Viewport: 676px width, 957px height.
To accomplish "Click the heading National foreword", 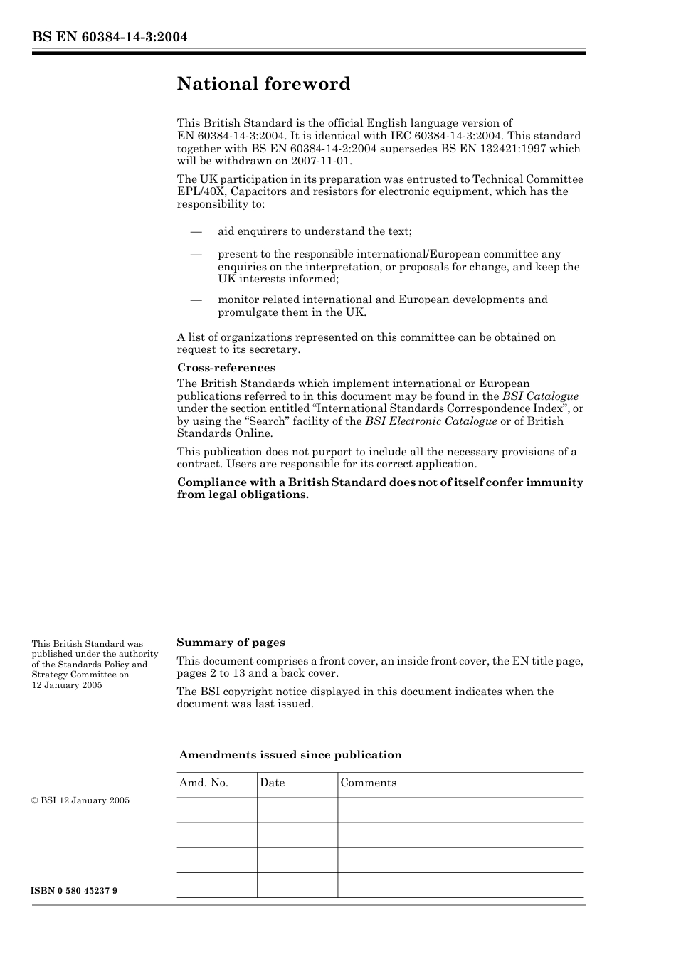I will (263, 84).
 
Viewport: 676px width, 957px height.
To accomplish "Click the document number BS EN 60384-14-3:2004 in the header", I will (110, 37).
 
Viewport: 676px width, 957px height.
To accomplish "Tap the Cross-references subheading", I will (226, 368).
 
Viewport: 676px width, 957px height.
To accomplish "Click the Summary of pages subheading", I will (231, 643).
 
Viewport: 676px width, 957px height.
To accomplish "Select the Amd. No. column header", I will (204, 783).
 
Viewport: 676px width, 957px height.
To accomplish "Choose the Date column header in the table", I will (272, 783).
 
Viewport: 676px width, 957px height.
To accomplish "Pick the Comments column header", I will (368, 783).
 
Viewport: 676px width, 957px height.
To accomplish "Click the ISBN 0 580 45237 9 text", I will (75, 891).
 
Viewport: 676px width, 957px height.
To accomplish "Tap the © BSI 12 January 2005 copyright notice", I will (80, 800).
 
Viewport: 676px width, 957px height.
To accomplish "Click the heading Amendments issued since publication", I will (290, 755).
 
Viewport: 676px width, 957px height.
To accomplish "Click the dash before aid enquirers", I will (196, 231).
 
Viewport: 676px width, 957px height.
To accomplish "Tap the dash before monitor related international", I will (196, 300).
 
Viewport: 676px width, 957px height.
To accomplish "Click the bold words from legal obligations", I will (243, 495).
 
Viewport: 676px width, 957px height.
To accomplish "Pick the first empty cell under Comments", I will (460, 810).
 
